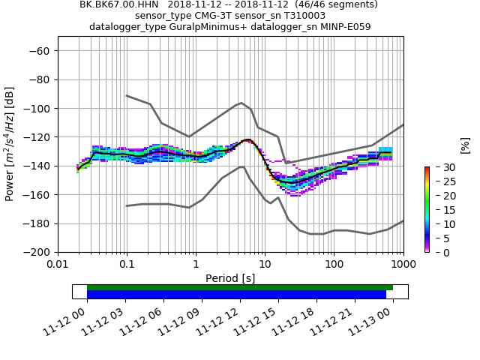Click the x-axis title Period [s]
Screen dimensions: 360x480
click(230, 278)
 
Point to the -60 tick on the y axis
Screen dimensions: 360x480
click(41, 51)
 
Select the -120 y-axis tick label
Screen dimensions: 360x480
click(38, 137)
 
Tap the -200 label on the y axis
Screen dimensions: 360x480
click(38, 253)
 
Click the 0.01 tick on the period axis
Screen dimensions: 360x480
click(58, 264)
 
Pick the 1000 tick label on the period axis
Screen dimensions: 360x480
click(403, 264)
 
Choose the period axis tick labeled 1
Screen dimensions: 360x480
click(196, 264)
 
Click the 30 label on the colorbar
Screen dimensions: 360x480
click(441, 166)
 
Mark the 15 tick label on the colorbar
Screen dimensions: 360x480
click(441, 209)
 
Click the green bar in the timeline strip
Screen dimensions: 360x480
click(240, 287)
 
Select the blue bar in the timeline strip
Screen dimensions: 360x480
click(236, 295)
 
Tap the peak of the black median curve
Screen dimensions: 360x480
click(247, 139)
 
